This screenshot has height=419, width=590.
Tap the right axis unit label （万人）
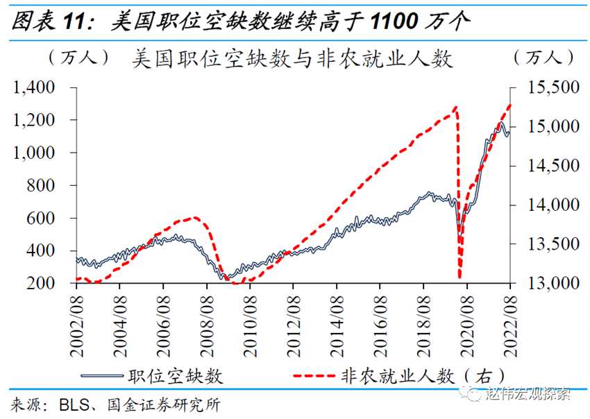(544, 57)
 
